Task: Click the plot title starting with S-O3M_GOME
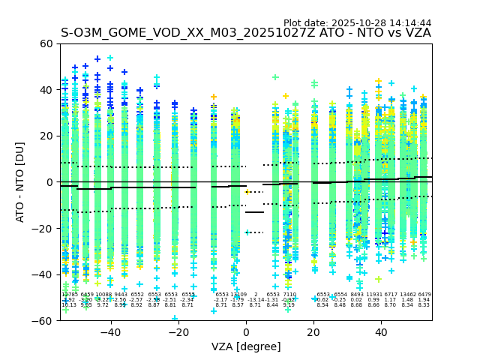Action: pyautogui.click(x=246, y=33)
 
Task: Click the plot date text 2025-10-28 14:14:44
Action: pyautogui.click(x=358, y=23)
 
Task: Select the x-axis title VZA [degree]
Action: pyautogui.click(x=246, y=346)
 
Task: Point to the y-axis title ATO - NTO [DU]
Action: pyautogui.click(x=21, y=181)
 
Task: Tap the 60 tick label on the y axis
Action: pyautogui.click(x=46, y=43)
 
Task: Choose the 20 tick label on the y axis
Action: pyautogui.click(x=46, y=136)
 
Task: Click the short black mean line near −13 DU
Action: pyautogui.click(x=255, y=212)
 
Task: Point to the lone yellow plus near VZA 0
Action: pyautogui.click(x=248, y=191)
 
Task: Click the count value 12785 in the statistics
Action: pyautogui.click(x=69, y=295)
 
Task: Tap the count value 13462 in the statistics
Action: pyautogui.click(x=408, y=295)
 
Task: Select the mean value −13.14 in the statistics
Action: pyautogui.click(x=256, y=300)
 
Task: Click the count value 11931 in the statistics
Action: pyautogui.click(x=374, y=295)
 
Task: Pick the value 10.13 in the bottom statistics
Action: pyautogui.click(x=69, y=305)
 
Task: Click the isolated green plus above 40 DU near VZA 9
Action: pyautogui.click(x=275, y=77)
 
